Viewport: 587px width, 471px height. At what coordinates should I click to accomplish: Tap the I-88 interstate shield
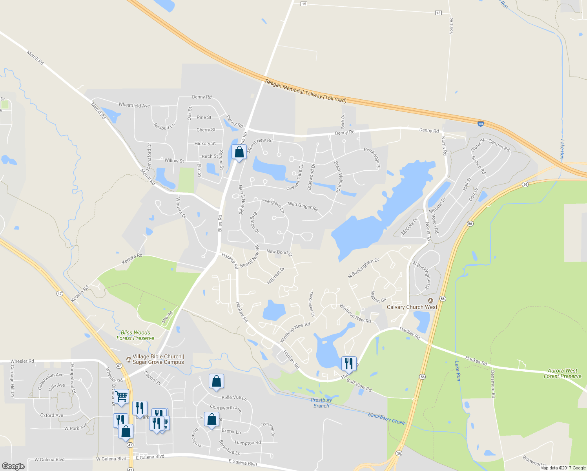coord(481,124)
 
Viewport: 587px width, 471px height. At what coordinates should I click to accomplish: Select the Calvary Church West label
coord(412,307)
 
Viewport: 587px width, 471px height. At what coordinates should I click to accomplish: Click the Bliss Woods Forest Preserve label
coord(135,335)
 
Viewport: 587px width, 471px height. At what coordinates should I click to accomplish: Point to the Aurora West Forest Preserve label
coord(562,373)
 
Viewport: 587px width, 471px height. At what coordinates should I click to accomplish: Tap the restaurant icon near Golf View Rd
coord(348,363)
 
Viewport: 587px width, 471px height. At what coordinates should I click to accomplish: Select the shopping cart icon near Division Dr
coord(122,396)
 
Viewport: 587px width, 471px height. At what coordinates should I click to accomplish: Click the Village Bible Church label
coord(158,359)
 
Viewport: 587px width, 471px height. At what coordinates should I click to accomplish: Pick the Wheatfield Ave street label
coord(134,105)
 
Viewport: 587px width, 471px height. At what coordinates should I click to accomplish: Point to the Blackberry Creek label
coord(386,418)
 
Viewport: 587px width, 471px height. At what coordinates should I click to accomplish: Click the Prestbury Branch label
coord(321,403)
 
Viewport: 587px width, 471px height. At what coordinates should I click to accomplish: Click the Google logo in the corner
coord(13,466)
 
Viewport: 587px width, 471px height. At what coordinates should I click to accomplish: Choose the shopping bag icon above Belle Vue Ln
coord(216,381)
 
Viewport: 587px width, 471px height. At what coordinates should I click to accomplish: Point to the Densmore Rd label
coord(493,384)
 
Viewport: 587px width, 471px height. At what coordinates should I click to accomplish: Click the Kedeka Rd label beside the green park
coord(132,258)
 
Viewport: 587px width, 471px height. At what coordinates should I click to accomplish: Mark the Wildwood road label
coord(533,460)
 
